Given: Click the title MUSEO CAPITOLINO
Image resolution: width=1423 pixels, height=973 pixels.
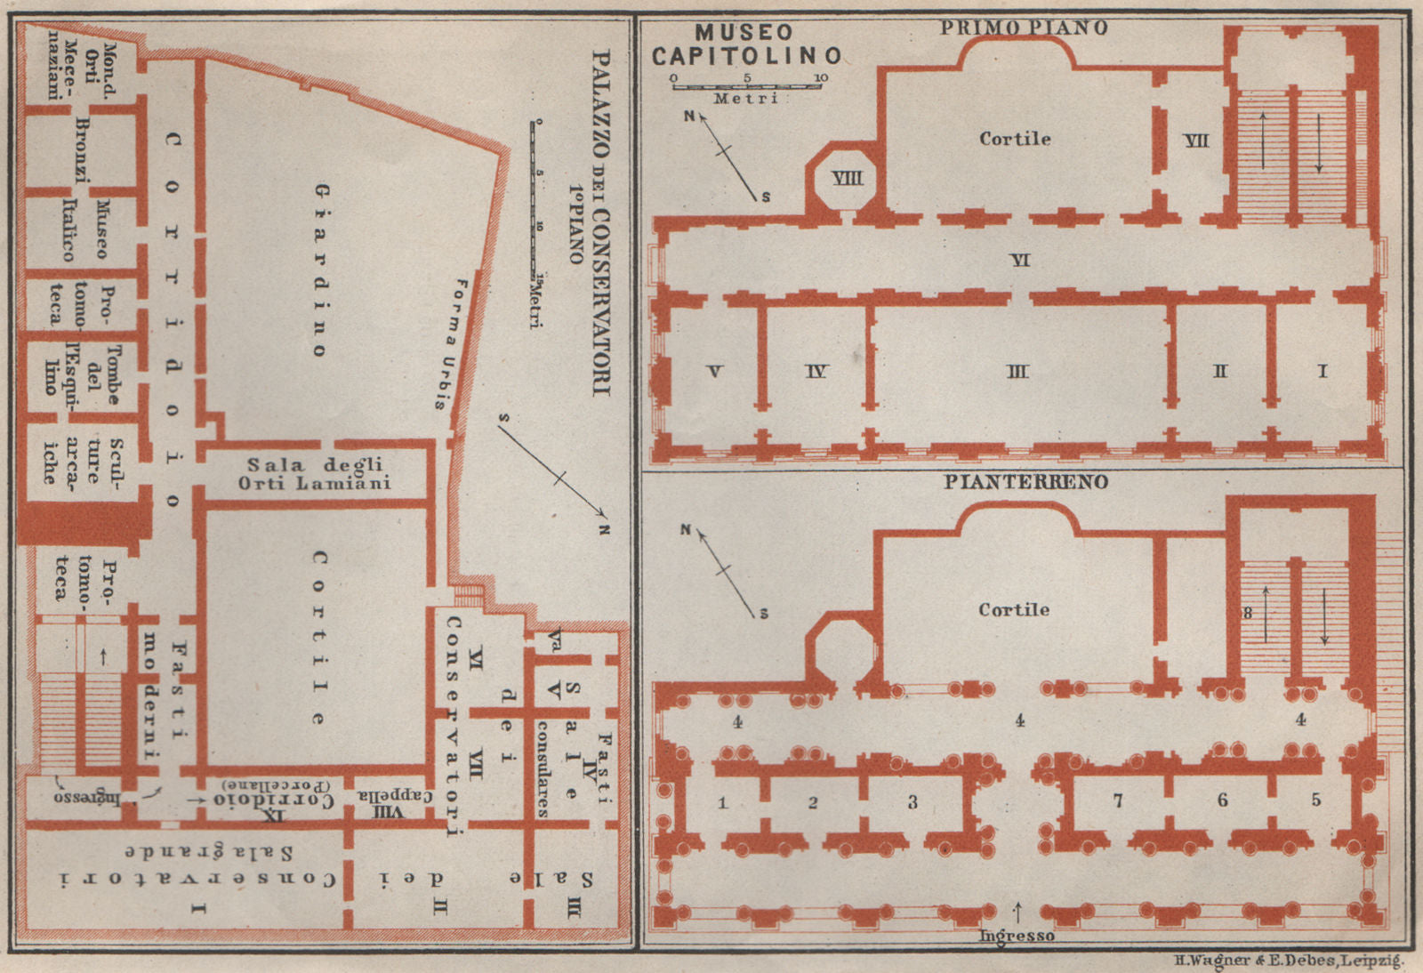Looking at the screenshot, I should pos(745,44).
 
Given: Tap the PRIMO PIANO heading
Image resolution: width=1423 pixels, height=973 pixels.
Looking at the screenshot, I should pos(1024,28).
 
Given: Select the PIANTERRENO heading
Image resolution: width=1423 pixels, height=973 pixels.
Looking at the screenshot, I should pos(1025,483).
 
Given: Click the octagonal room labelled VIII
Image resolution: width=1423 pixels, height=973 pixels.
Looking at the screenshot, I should pos(846,179).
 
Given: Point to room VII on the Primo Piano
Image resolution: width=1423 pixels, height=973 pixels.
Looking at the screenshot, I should pos(1196,141).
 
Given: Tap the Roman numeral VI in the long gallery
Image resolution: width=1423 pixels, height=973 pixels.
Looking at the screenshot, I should pos(1019,261).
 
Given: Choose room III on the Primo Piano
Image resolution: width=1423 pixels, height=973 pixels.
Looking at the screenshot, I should pos(1017,372).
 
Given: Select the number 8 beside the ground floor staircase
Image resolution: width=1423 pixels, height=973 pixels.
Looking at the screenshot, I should pos(1248,613).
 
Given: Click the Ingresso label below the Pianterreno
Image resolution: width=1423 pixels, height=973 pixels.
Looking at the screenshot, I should pos(1016,936).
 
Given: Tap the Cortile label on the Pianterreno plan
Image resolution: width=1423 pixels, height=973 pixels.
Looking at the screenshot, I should pos(1014,610).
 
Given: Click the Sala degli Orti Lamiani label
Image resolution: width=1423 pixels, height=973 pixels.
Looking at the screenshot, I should pos(315,474).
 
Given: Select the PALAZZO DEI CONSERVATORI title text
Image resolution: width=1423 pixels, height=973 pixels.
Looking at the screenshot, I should pos(601,222).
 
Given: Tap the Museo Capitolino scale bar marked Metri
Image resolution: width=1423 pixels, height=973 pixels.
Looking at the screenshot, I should pos(745,86).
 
